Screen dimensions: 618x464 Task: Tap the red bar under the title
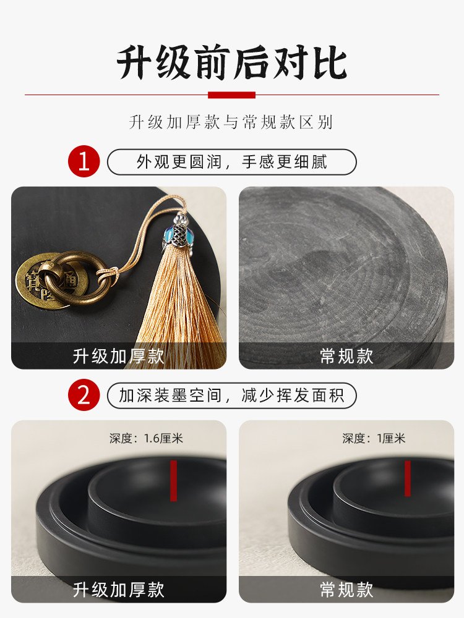pyautogui.click(x=231, y=95)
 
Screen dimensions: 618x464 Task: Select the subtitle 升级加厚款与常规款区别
pyautogui.click(x=231, y=122)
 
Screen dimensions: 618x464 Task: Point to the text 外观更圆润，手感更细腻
pyautogui.click(x=232, y=162)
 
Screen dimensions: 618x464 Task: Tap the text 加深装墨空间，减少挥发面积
pyautogui.click(x=232, y=396)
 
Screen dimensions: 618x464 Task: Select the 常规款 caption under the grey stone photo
pyautogui.click(x=346, y=357)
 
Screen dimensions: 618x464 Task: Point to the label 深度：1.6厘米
pyautogui.click(x=147, y=439)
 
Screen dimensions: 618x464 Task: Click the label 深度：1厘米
pyautogui.click(x=374, y=439)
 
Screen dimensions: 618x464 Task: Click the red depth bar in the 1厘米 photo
pyautogui.click(x=407, y=478)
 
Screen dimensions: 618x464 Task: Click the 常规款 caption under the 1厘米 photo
pyautogui.click(x=346, y=590)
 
